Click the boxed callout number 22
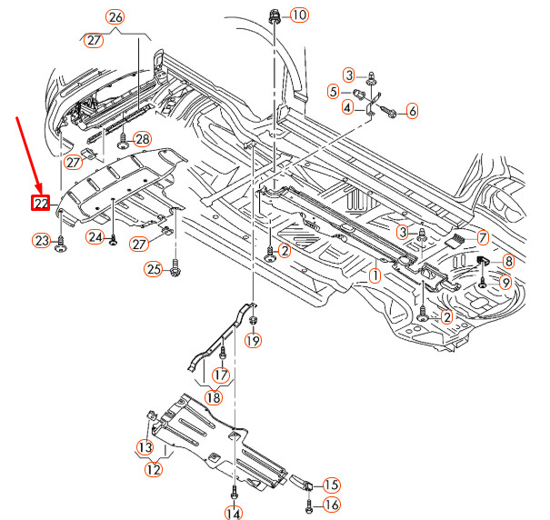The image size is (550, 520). coord(41,203)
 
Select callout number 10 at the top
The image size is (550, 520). coord(299,15)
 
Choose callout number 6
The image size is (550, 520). coord(412,111)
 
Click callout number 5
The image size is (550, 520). coord(334,91)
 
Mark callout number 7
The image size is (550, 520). coord(483,238)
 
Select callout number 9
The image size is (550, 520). coord(505,283)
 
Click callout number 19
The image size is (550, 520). coord(252,341)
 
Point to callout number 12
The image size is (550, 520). coord(154,470)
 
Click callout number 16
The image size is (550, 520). coord(332,505)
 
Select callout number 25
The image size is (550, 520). coord(154,268)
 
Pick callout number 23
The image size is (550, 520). coord(41,241)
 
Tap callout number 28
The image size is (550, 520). coord(141,139)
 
